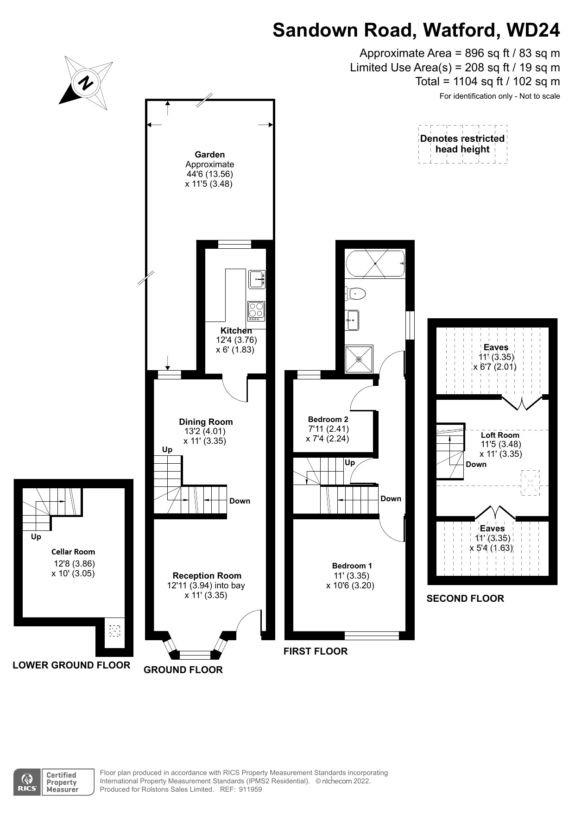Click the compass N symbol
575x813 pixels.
(86, 83)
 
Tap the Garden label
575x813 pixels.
(209, 155)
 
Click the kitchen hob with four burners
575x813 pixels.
(256, 311)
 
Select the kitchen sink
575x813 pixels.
(256, 279)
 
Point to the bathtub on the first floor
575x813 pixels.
(375, 264)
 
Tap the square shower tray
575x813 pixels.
(359, 359)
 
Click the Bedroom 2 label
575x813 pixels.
(328, 419)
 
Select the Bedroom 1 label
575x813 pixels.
(352, 566)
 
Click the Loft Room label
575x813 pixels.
(500, 435)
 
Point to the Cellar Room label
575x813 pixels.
(73, 552)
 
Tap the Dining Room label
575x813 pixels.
(206, 422)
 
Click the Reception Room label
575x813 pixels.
(207, 575)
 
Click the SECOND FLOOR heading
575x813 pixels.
(465, 599)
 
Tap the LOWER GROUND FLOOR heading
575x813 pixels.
(71, 665)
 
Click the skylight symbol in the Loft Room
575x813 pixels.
(530, 483)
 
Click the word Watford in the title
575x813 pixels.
(461, 30)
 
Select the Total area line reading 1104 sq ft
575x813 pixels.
(487, 82)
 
